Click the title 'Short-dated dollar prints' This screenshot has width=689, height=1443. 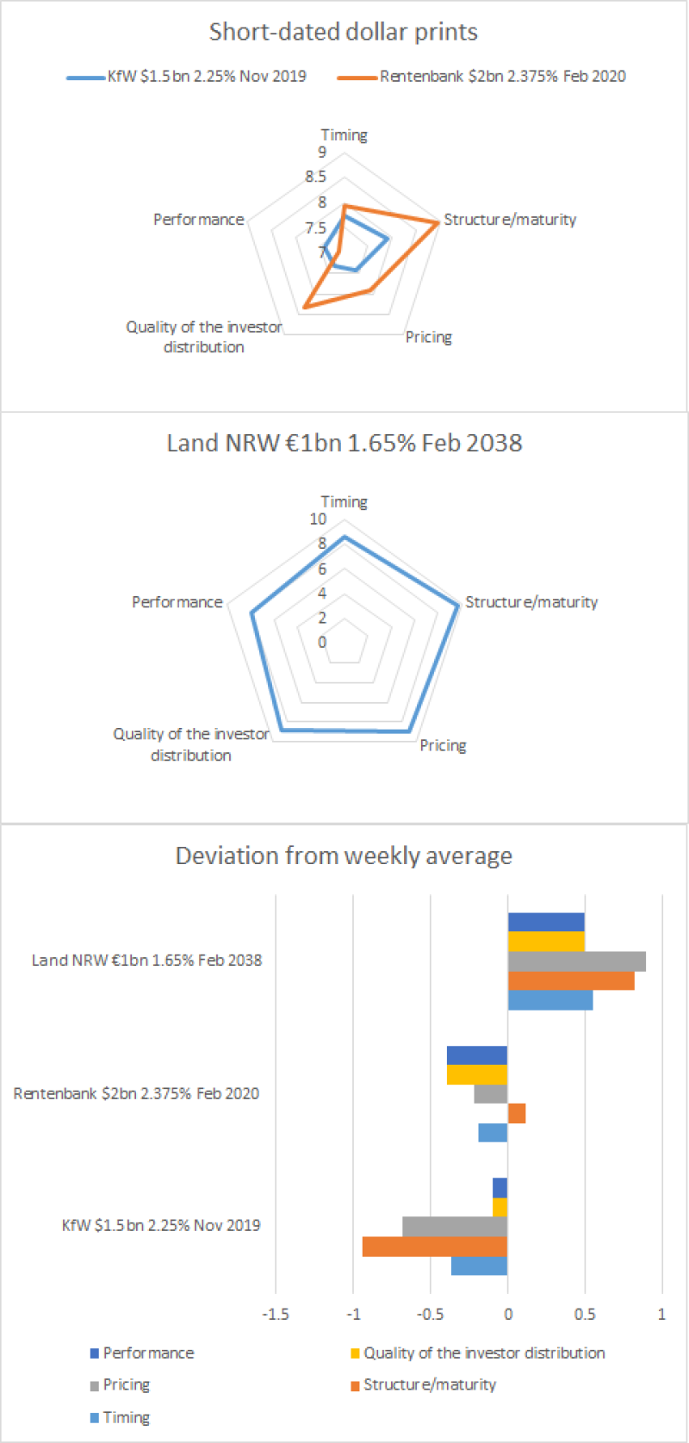[344, 32]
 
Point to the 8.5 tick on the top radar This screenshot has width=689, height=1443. [315, 177]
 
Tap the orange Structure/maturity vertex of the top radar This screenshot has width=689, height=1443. [438, 222]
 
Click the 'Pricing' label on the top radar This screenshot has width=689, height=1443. [429, 337]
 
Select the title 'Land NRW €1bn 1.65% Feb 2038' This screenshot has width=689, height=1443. [344, 443]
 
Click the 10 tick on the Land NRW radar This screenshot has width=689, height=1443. [318, 519]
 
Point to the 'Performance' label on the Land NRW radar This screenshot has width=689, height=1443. [177, 601]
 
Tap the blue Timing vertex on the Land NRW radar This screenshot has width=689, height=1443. [344, 538]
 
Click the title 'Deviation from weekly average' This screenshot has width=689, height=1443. [344, 855]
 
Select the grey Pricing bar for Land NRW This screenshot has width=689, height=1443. [576, 961]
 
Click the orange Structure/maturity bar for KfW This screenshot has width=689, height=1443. [435, 1247]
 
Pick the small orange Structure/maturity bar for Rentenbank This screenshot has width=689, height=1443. [517, 1113]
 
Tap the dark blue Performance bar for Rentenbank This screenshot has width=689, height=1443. [477, 1055]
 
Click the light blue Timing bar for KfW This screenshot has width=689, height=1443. [479, 1266]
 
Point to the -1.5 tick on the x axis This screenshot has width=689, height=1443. [275, 1315]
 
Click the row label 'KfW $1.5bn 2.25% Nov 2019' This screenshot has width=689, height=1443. [161, 1225]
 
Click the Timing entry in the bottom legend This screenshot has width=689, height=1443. [126, 1417]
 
